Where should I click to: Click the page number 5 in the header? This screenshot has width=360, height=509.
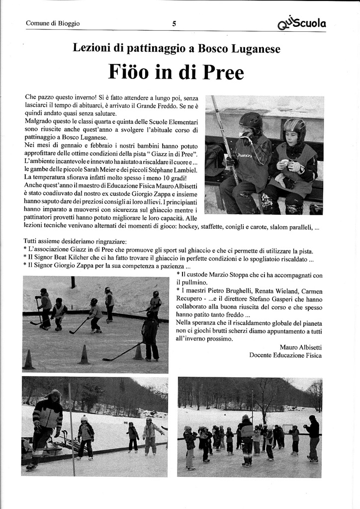tap(174, 23)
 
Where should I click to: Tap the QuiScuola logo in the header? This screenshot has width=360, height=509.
tap(302, 22)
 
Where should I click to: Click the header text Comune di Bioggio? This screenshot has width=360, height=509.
tap(53, 23)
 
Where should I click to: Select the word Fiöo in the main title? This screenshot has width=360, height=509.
tap(131, 73)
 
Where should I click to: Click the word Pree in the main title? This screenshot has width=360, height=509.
tap(223, 73)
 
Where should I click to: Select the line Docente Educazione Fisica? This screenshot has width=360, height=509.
tap(285, 355)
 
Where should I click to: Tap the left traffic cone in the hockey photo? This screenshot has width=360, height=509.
tap(28, 360)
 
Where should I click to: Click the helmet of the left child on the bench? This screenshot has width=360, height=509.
tap(251, 121)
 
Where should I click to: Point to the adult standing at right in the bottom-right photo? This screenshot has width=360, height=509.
tap(312, 437)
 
